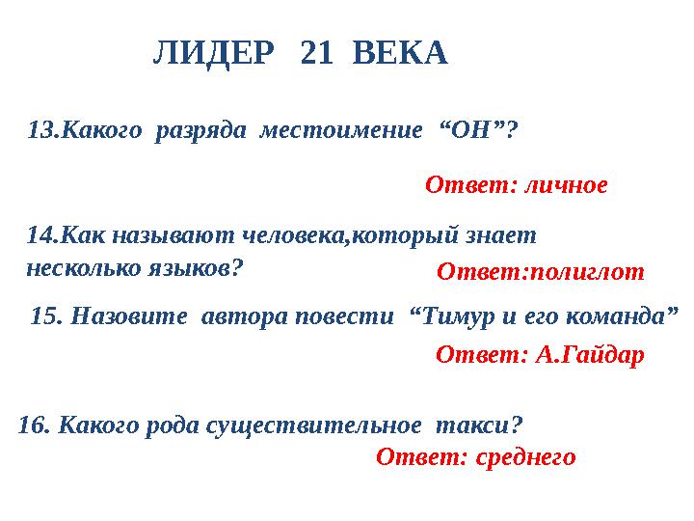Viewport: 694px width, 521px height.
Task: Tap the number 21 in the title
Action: (318, 54)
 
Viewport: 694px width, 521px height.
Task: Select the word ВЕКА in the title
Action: (401, 54)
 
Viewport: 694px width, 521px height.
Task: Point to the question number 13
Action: (41, 128)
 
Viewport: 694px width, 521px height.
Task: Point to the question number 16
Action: (33, 424)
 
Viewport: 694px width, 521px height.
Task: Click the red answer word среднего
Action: (523, 456)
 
